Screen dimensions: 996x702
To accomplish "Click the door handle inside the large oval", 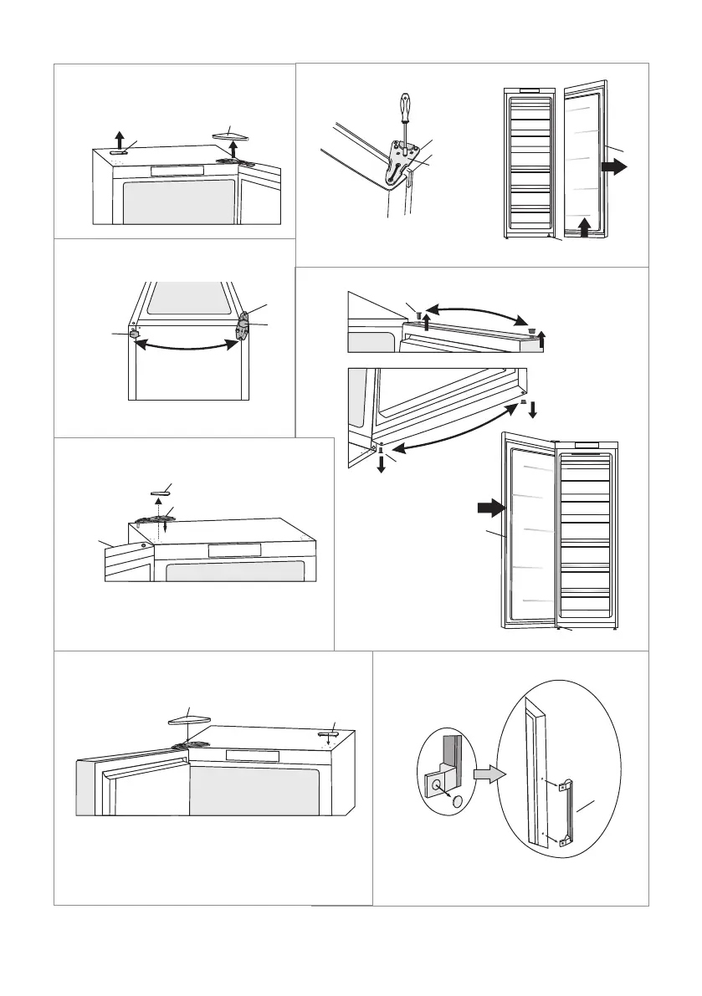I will coord(571,809).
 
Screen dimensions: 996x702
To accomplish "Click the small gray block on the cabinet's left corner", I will coord(134,332).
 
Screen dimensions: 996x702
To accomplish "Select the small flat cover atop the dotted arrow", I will coord(160,494).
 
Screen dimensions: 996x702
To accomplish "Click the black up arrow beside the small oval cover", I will coord(119,138).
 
